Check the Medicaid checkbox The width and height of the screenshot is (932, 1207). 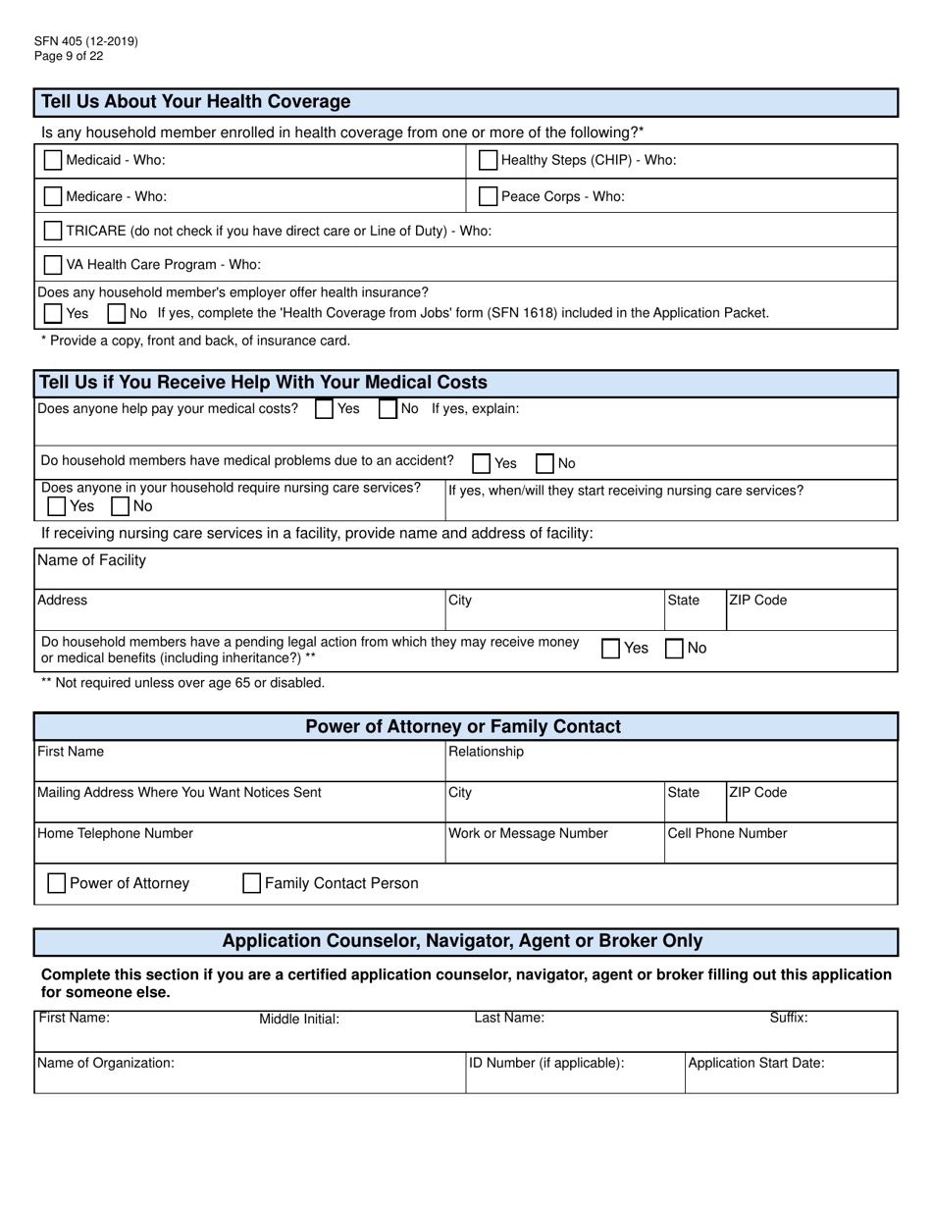point(53,160)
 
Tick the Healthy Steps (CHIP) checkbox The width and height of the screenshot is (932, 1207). point(488,160)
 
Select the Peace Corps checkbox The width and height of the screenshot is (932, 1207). point(488,196)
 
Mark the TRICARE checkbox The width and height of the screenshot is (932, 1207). point(53,231)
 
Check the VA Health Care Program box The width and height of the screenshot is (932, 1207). point(53,265)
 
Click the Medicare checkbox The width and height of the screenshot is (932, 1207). point(53,196)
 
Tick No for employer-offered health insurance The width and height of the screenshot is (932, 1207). point(116,314)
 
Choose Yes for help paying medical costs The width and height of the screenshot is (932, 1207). point(324,409)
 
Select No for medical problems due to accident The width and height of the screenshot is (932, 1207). point(544,463)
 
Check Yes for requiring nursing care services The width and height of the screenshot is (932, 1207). point(57,506)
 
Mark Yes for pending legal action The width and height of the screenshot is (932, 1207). point(610,649)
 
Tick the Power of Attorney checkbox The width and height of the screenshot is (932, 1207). point(57,883)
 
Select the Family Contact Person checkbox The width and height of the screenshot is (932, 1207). point(251,883)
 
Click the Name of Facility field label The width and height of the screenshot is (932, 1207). point(91,560)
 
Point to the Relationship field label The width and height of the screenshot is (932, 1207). point(486,752)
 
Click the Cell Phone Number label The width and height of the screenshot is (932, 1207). point(727,833)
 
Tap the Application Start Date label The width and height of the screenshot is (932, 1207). point(755,1062)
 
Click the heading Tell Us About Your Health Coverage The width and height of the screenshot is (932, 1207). point(195,102)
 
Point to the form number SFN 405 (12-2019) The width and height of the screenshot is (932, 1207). point(85,41)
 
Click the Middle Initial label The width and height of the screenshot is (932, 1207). point(298,1020)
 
